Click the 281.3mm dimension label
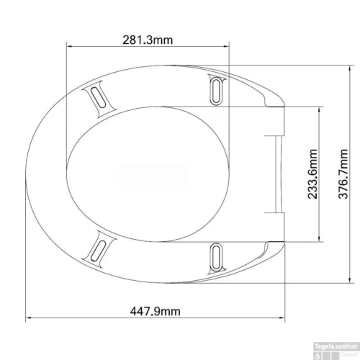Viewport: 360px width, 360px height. (x=148, y=40)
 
